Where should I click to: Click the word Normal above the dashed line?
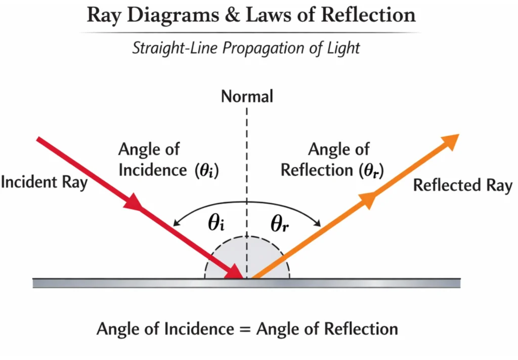[x=247, y=96]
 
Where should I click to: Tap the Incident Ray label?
[x=44, y=182]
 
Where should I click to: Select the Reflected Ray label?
[x=462, y=185]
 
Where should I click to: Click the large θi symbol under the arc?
[x=216, y=223]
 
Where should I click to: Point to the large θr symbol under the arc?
[x=279, y=223]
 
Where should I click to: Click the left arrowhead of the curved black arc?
[x=176, y=223]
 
